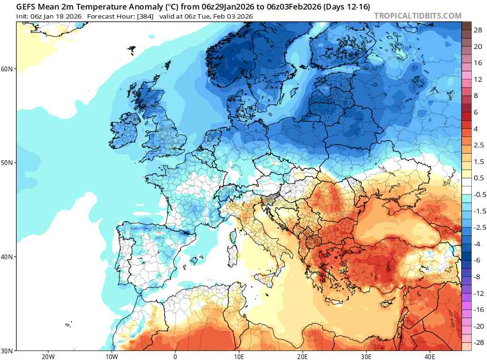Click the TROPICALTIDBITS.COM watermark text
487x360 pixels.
click(418, 16)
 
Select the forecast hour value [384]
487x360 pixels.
click(144, 16)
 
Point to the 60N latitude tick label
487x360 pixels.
click(8, 69)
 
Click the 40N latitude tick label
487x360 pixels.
click(8, 257)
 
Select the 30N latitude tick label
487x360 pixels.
click(8, 350)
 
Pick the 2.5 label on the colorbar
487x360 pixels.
click(478, 145)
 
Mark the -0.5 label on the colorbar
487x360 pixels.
click(478, 194)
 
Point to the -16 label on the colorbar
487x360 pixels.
click(478, 309)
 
